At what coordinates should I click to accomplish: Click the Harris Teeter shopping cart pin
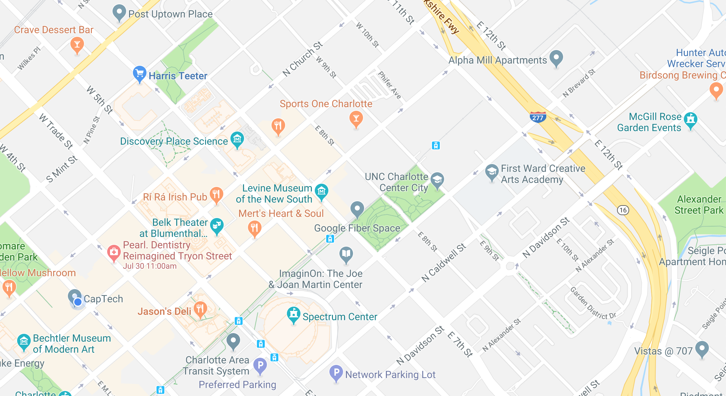click(x=139, y=74)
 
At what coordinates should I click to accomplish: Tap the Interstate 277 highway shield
click(x=537, y=117)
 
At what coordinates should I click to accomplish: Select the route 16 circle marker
click(x=623, y=210)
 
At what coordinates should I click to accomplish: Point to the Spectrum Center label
click(x=339, y=317)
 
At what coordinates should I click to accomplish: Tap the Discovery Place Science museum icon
click(x=237, y=139)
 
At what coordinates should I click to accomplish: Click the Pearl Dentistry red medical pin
click(x=114, y=252)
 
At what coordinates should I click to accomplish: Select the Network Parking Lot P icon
click(x=336, y=372)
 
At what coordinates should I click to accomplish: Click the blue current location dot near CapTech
click(x=78, y=302)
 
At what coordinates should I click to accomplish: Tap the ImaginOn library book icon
click(x=346, y=254)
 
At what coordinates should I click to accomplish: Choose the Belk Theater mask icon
click(x=217, y=225)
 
